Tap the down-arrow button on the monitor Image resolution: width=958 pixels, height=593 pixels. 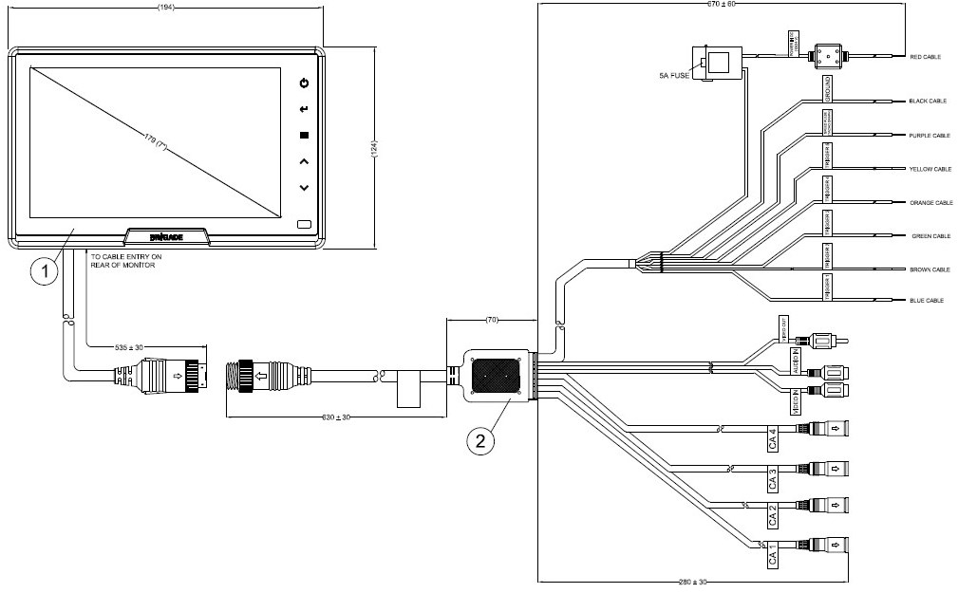pos(304,188)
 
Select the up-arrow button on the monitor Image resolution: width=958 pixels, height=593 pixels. pos(304,162)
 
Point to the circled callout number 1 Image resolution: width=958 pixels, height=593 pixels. pos(42,271)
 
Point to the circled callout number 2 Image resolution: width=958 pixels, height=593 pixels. pos(482,438)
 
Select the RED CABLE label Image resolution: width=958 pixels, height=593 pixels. pos(924,57)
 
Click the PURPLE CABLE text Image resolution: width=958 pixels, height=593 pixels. pos(929,136)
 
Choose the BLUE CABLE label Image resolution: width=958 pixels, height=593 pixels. pos(925,301)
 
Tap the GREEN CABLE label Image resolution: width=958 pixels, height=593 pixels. pos(930,236)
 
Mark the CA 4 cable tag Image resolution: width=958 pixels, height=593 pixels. pos(773,438)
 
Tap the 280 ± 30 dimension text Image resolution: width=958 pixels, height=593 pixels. pos(693,581)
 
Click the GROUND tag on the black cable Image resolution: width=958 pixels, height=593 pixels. pos(828,89)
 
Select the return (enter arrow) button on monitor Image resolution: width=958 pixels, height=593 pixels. pos(304,109)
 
